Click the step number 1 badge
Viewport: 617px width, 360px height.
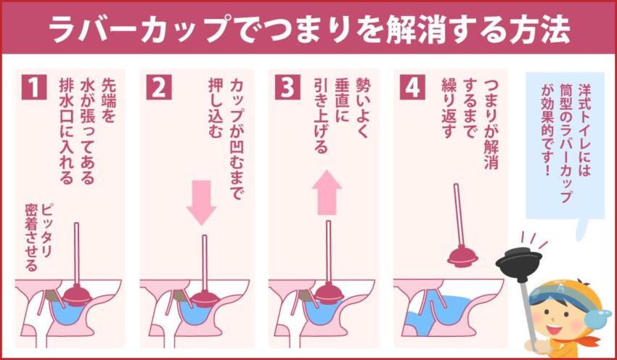tap(33, 87)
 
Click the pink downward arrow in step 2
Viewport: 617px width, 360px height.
tap(201, 201)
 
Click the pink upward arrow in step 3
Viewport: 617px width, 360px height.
tap(327, 194)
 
